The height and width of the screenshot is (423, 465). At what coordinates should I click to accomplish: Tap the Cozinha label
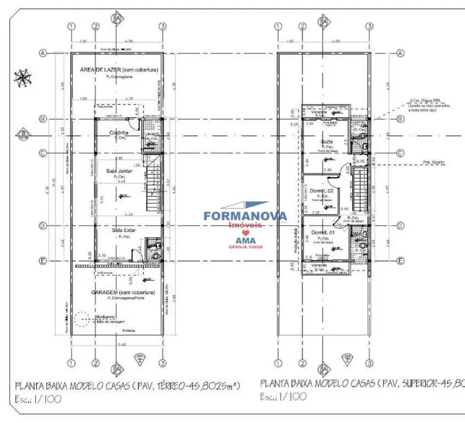point(119,131)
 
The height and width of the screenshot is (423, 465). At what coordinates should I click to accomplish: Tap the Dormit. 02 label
point(322,190)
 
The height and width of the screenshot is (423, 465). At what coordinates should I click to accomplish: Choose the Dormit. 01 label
point(322,232)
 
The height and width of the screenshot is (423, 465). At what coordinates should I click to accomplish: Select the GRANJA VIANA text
point(237,247)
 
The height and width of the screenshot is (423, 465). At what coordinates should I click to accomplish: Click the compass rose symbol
point(23,79)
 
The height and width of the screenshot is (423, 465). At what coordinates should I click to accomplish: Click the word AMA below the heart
point(237,240)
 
